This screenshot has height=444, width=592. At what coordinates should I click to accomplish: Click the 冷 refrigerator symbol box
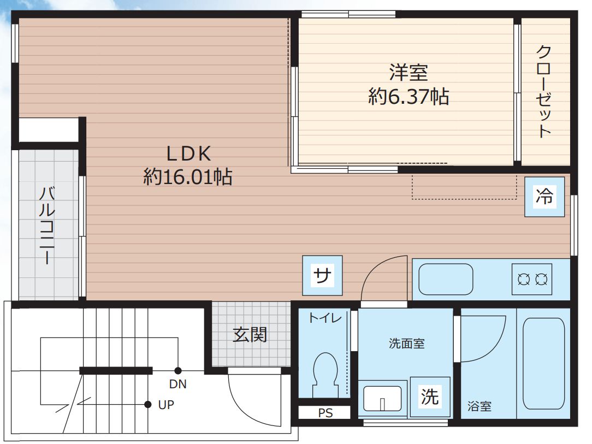(544, 197)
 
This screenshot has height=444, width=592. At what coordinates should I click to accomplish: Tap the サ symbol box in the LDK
(323, 276)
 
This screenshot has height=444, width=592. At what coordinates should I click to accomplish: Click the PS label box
(325, 413)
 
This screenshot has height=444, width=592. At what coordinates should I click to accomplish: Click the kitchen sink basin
(446, 279)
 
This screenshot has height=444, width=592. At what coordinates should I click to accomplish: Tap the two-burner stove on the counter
(532, 280)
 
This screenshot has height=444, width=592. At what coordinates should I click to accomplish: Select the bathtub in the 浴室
(543, 363)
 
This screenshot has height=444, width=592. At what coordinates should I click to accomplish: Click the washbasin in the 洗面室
(382, 397)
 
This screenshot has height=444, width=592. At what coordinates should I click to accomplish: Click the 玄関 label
(250, 334)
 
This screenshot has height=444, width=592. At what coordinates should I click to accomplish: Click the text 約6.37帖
(409, 97)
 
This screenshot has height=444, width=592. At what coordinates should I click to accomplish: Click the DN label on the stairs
(177, 384)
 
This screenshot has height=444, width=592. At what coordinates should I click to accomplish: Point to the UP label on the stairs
(166, 405)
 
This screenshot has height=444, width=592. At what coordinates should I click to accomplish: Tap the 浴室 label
(479, 406)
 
